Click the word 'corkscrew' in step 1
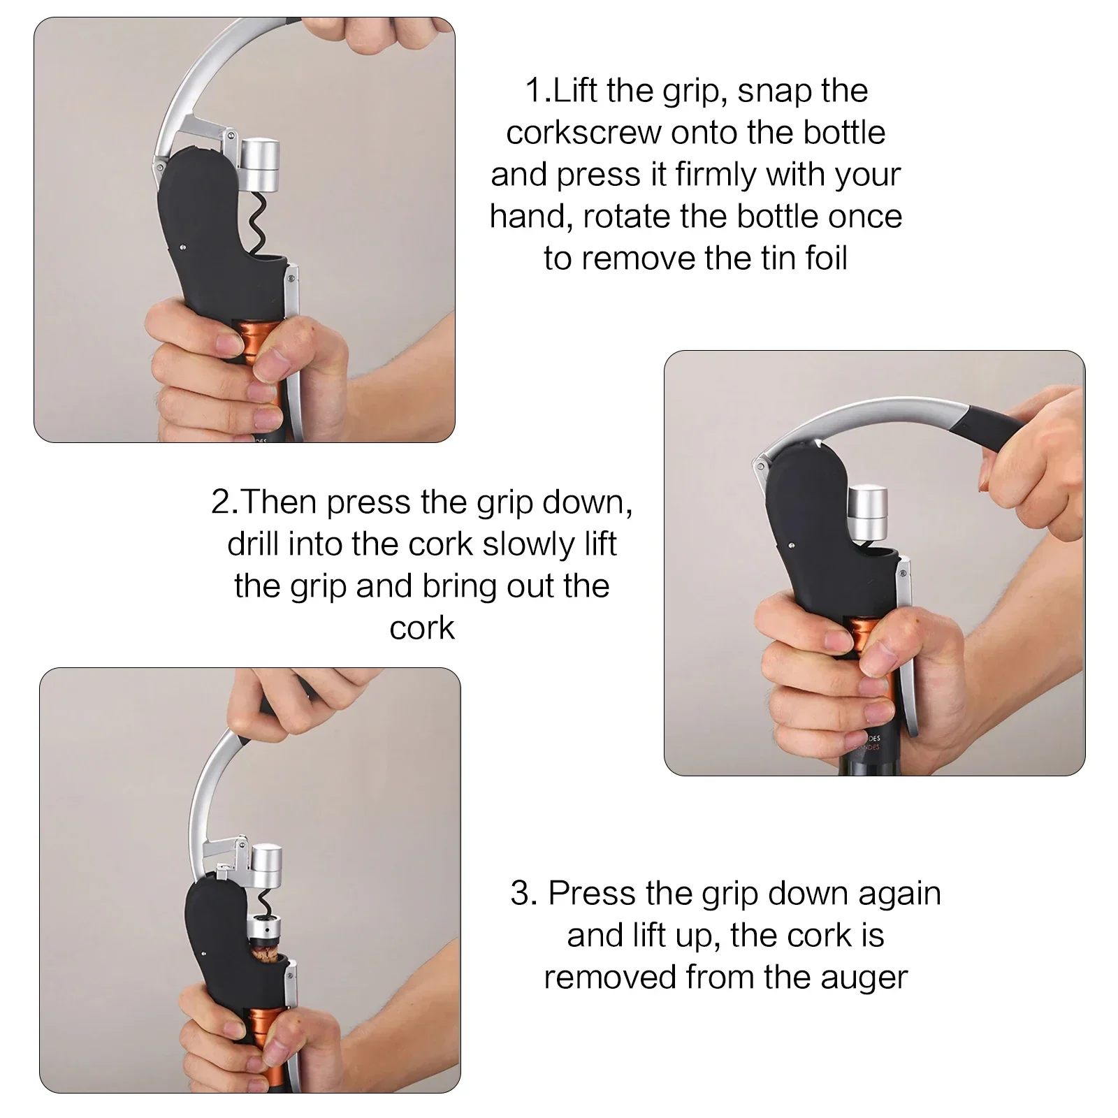pyautogui.click(x=584, y=133)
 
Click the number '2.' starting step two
pyautogui.click(x=224, y=502)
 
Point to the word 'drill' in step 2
pyautogui.click(x=252, y=544)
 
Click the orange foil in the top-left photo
pyautogui.click(x=245, y=349)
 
